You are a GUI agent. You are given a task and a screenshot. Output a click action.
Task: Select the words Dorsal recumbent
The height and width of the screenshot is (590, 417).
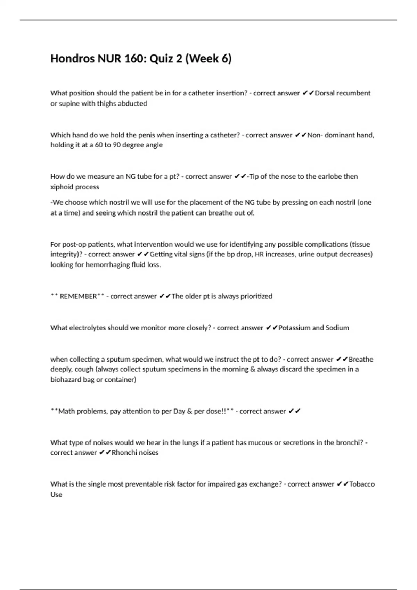click(343, 93)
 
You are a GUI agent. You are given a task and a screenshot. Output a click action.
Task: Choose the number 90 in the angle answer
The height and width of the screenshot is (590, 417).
click(116, 145)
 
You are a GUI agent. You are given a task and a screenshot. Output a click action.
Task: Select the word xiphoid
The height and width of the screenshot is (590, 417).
click(62, 187)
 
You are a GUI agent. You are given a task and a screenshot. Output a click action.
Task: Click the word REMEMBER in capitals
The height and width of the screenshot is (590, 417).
click(78, 296)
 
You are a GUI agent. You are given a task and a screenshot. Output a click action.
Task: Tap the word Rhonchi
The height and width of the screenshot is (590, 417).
click(122, 453)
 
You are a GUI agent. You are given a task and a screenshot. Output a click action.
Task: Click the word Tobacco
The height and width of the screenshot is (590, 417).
click(362, 484)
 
